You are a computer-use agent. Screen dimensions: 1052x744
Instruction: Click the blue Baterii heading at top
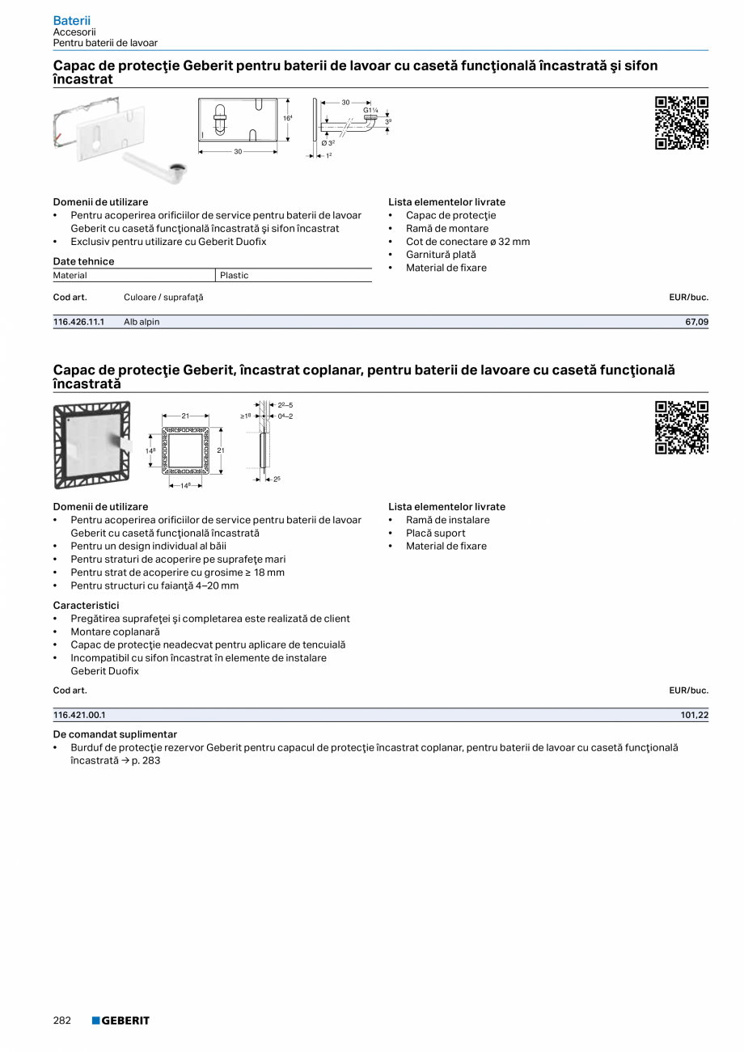point(71,20)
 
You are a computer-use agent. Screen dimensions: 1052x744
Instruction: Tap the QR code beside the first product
point(681,123)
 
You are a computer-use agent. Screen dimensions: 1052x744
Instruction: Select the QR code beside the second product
point(681,428)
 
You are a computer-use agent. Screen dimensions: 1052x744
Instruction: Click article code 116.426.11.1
point(79,322)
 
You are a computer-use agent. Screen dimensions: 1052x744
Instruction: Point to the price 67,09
point(696,322)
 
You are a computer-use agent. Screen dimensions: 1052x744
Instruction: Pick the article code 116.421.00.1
point(79,715)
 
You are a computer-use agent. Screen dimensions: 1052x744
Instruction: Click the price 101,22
point(694,715)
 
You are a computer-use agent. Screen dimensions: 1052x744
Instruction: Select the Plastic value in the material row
point(235,276)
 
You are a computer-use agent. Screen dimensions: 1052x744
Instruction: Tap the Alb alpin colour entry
point(142,322)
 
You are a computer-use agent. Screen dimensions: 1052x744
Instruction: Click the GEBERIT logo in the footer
point(120,1020)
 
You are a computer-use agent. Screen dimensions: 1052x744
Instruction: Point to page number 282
point(62,1020)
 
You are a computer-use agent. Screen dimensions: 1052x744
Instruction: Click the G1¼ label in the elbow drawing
point(370,110)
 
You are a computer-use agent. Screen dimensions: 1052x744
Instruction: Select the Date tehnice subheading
point(83,261)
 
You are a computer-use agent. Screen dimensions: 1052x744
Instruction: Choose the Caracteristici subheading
point(86,605)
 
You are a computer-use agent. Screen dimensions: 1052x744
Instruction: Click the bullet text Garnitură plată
point(441,255)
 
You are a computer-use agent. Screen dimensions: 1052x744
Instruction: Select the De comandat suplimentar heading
point(115,734)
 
